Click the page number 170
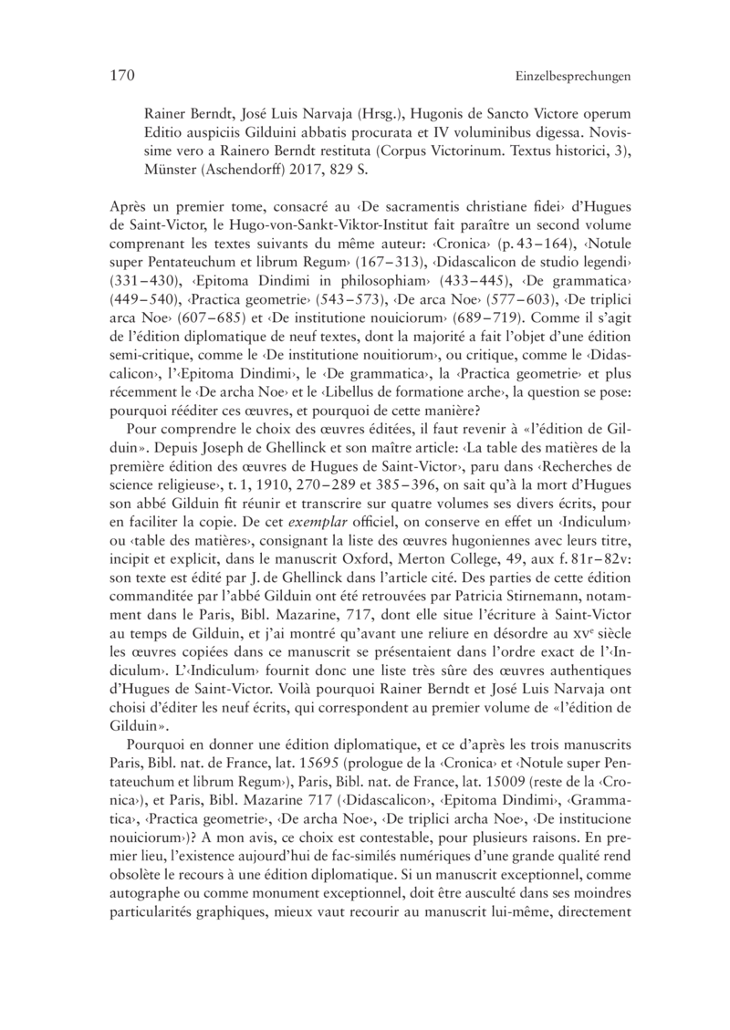tap(109, 77)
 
